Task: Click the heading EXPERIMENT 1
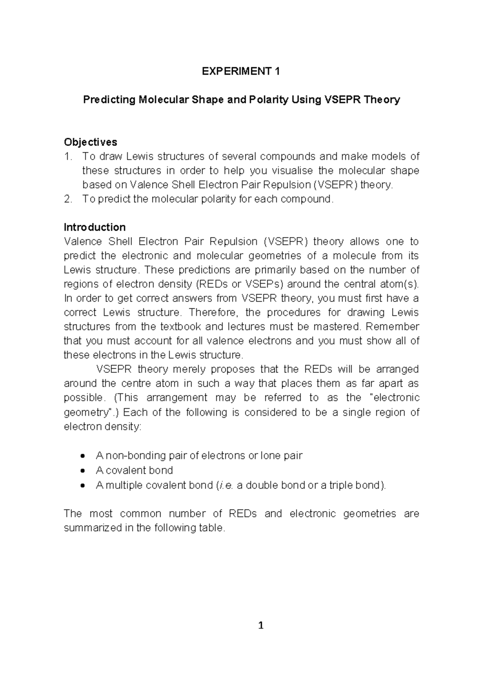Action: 241,71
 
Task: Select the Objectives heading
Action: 90,142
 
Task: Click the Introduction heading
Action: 94,227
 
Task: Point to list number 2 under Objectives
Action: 68,199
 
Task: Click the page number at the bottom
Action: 261,625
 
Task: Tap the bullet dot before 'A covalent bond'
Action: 83,470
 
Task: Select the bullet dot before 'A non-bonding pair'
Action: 83,456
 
